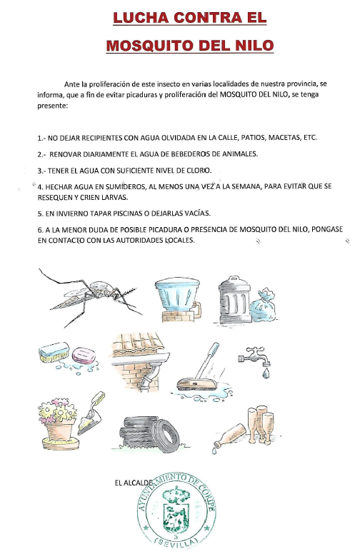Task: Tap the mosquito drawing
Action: [x=91, y=297]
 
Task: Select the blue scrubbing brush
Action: [x=54, y=352]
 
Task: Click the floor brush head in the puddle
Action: [x=196, y=383]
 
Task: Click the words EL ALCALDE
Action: [x=134, y=483]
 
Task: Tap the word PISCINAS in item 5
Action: [x=129, y=213]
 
